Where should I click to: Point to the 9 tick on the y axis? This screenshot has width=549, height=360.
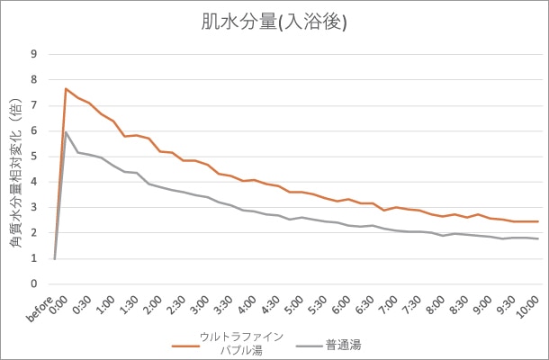(x=34, y=54)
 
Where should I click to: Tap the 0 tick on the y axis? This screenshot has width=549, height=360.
(x=34, y=283)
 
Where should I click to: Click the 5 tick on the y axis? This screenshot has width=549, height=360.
(x=34, y=156)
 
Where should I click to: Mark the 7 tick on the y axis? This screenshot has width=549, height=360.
(x=34, y=105)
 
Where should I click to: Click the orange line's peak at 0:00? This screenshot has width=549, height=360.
(x=67, y=88)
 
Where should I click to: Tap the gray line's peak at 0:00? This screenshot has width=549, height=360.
(x=67, y=132)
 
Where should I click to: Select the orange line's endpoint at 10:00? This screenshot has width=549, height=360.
(x=538, y=221)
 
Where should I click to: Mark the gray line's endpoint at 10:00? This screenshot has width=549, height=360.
(x=538, y=238)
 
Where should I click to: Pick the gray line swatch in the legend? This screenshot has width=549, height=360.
(x=309, y=344)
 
